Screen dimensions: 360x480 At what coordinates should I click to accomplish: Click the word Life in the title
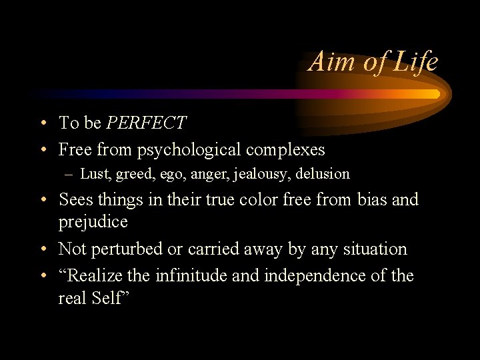(415, 62)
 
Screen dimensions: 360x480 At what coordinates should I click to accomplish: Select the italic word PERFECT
(147, 123)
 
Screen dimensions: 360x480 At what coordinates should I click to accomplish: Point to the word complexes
(285, 150)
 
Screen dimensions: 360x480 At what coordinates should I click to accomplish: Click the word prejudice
(93, 221)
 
